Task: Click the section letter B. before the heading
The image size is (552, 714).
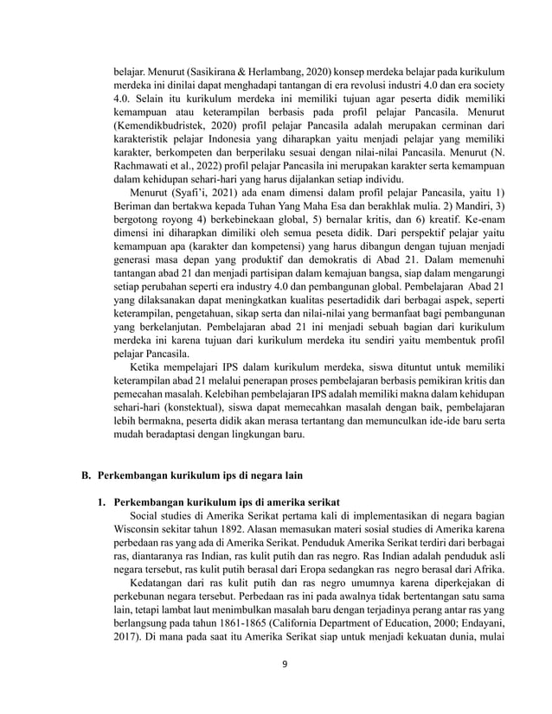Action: pos(86,476)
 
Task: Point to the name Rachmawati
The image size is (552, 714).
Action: pos(145,168)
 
